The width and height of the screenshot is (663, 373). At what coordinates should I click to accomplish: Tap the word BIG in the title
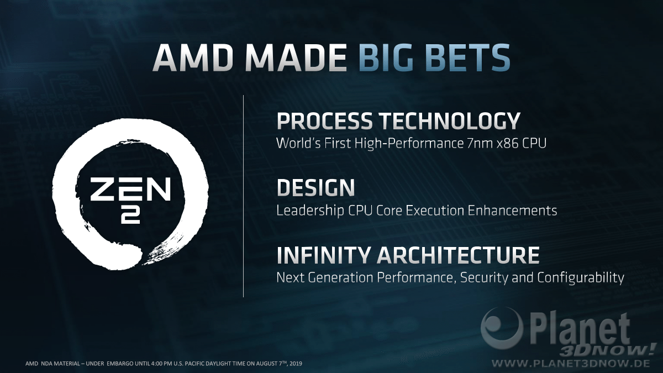389,57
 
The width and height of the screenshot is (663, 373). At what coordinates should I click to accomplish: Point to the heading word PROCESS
324,120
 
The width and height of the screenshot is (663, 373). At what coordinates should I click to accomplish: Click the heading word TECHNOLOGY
450,120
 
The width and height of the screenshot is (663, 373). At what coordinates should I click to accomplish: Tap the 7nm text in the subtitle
480,143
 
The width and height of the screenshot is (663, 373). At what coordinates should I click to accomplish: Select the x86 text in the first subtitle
508,143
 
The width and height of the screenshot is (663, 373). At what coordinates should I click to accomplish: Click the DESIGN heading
315,187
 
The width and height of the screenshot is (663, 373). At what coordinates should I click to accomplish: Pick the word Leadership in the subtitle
310,211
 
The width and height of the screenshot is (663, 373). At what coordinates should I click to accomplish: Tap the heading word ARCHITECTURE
458,255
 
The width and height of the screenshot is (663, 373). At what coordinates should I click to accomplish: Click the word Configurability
581,278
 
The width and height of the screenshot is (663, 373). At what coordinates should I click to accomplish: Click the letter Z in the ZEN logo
102,189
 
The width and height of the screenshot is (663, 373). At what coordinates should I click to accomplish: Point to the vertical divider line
243,196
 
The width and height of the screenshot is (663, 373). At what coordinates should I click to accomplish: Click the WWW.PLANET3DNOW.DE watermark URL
571,363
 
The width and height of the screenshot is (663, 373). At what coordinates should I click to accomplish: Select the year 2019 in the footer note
296,364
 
